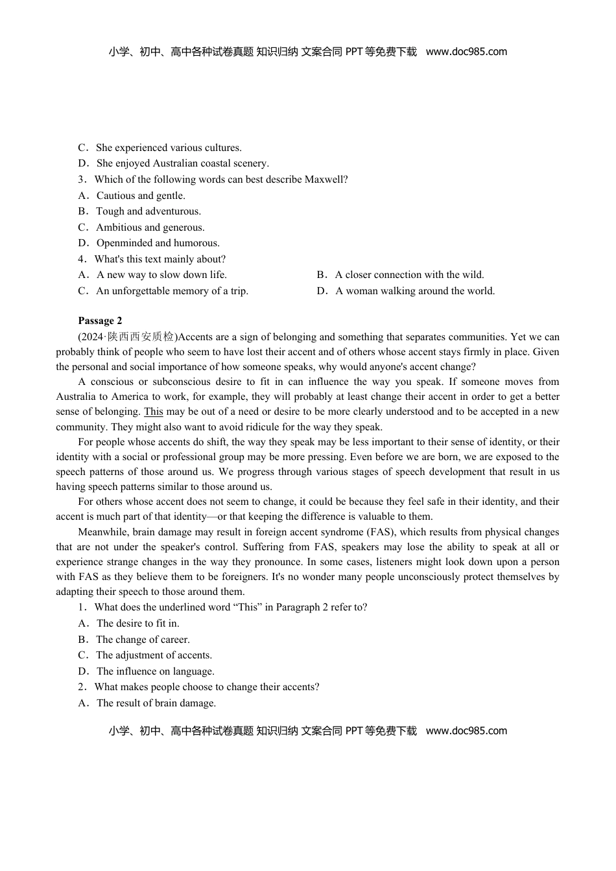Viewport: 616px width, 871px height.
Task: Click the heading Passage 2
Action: tap(100, 321)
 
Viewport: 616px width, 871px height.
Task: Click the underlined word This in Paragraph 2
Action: tap(153, 412)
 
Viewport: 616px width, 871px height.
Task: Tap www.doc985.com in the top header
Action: tap(466, 52)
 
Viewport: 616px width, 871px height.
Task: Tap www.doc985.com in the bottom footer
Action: tap(466, 731)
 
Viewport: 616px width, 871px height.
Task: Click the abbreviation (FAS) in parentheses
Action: tap(381, 532)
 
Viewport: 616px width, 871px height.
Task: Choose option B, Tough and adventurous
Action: tap(148, 211)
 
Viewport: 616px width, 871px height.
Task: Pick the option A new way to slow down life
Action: tap(161, 275)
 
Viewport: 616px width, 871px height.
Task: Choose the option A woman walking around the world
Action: tap(415, 291)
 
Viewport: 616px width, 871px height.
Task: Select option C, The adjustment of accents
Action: tap(154, 655)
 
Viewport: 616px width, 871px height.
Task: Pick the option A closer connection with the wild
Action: tap(409, 275)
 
